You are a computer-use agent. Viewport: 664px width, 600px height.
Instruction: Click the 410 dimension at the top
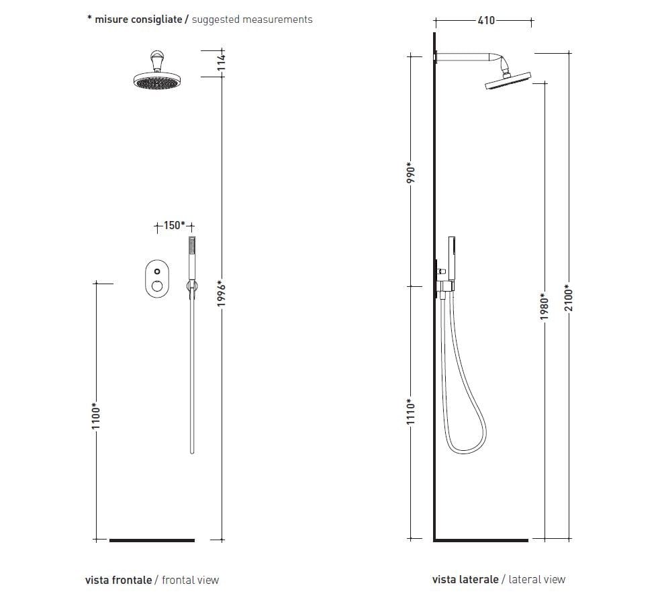point(486,20)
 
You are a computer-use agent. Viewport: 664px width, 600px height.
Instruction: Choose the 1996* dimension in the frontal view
point(222,294)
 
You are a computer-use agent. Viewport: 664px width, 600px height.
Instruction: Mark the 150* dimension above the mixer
point(173,225)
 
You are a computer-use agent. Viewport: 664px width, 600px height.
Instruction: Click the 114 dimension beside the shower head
point(222,62)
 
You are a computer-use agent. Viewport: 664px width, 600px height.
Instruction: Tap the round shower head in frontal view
point(158,79)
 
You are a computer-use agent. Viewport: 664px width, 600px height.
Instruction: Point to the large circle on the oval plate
point(157,287)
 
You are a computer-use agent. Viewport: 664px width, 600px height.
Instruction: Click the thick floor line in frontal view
point(152,540)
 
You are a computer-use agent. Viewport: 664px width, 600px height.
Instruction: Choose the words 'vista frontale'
point(118,579)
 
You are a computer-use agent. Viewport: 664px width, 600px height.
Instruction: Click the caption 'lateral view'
point(537,579)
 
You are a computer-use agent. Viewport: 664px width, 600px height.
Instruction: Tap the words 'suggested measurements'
point(252,19)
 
